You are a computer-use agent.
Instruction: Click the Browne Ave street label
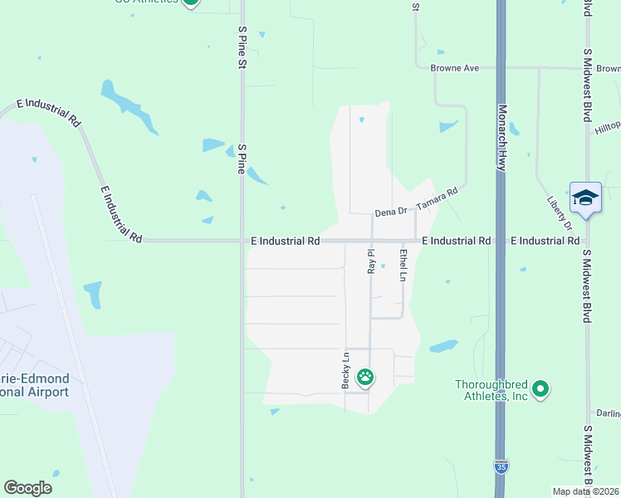(x=455, y=68)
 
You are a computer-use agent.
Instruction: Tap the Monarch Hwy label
(x=501, y=138)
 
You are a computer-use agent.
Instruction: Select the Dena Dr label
(x=391, y=212)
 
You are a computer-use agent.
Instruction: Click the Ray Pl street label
(x=372, y=261)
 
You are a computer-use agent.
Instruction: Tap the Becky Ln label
(x=345, y=370)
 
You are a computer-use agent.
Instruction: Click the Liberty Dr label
(x=560, y=213)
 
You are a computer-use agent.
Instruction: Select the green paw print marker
(x=365, y=378)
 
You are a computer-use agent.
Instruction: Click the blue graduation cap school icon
(x=585, y=198)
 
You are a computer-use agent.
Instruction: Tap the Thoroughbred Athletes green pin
(x=541, y=388)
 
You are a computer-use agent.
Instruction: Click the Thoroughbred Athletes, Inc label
(x=492, y=390)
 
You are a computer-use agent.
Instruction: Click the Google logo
(x=28, y=488)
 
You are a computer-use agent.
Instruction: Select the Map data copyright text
(x=586, y=491)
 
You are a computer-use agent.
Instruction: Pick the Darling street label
(x=609, y=413)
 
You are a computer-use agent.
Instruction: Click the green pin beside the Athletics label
(x=191, y=2)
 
